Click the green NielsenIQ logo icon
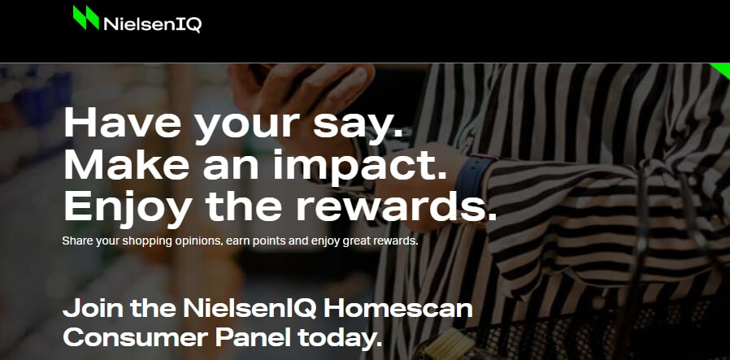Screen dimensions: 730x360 pos(86,18)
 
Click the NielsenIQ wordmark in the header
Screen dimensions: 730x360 pos(153,24)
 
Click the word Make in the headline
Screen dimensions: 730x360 pos(126,165)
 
